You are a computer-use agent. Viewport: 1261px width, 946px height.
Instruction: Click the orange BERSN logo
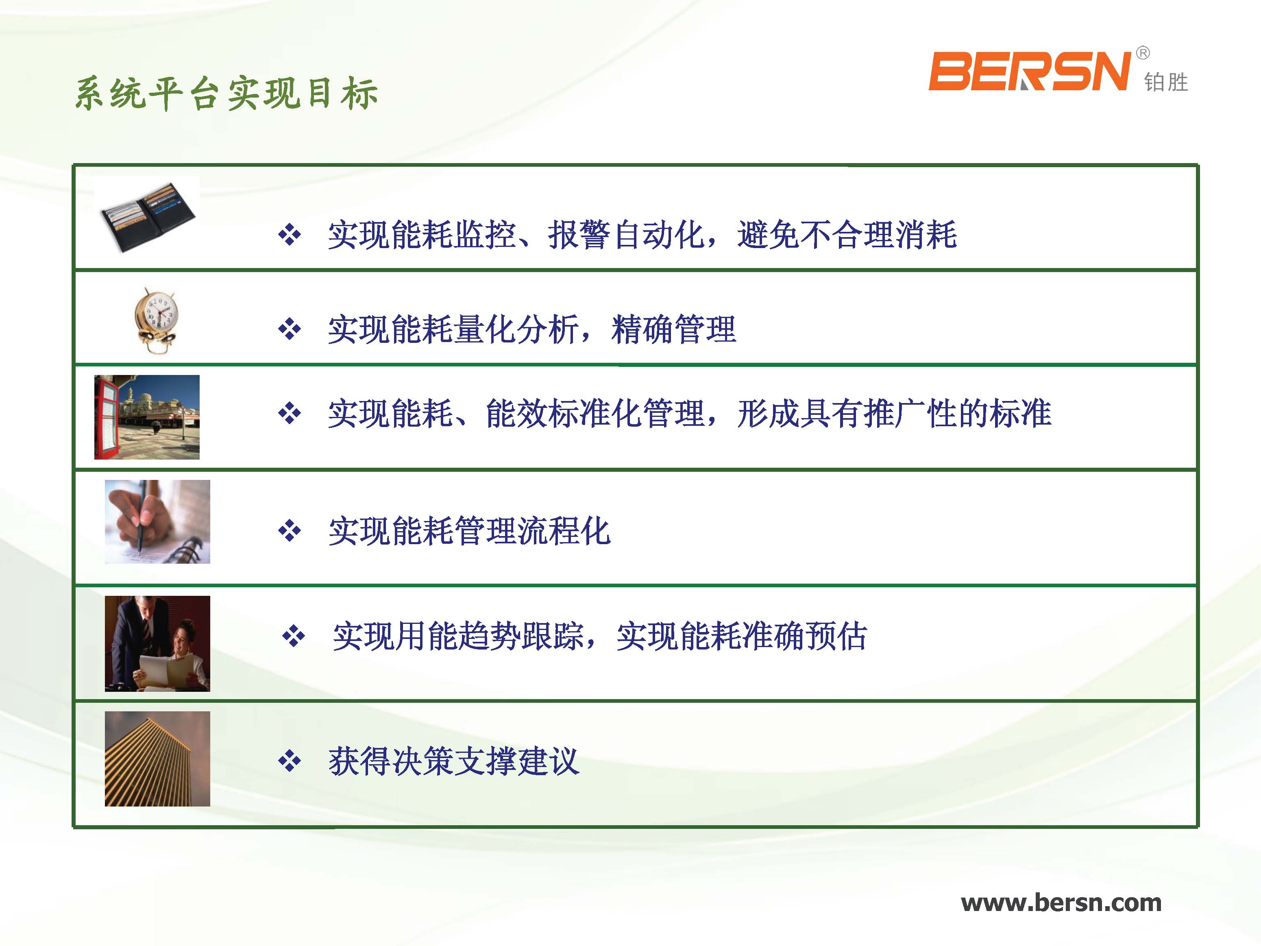(x=1029, y=71)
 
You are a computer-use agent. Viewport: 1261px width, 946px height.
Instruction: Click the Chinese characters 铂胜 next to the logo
(x=1166, y=83)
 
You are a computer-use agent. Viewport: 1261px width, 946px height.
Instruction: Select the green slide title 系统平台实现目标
(x=227, y=93)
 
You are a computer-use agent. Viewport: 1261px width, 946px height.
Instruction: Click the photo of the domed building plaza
(x=147, y=417)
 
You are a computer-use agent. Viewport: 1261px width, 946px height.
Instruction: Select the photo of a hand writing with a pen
(x=157, y=522)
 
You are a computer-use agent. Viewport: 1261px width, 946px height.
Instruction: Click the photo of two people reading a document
(x=157, y=644)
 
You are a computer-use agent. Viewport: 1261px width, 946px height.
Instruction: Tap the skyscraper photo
(x=157, y=759)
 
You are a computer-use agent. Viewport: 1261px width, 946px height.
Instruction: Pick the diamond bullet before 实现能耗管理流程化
(x=290, y=531)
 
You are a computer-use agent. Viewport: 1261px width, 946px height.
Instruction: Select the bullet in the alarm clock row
(x=290, y=329)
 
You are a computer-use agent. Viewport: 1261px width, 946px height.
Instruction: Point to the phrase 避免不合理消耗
(x=847, y=235)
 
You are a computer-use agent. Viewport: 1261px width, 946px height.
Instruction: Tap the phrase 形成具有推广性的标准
(x=895, y=413)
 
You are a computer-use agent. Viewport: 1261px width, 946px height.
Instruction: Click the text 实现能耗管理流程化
(x=470, y=531)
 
